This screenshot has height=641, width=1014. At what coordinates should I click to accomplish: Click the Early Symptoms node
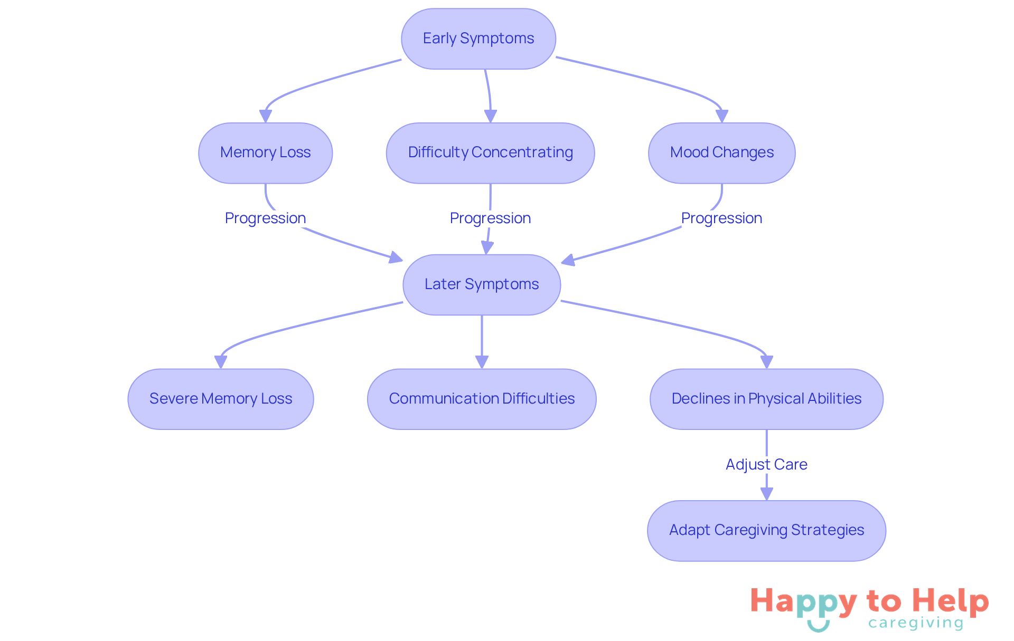coord(478,39)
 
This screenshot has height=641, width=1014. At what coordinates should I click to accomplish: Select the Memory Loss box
coord(265,153)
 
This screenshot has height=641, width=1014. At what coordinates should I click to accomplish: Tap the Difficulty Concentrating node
coord(490,153)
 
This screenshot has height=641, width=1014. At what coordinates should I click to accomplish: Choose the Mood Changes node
coord(721,153)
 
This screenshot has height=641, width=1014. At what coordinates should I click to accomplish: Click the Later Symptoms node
coord(482,285)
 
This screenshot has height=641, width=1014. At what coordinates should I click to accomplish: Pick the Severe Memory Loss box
coord(221,399)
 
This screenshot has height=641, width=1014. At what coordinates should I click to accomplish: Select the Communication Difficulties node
coord(482,399)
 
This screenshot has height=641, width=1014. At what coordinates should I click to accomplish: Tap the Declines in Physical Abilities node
coord(766,399)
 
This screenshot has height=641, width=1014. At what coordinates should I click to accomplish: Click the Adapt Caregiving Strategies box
coord(766,530)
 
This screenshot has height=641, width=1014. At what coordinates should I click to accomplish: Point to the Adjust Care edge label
coord(766,464)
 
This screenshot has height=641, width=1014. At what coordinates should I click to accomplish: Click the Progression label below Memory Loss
coord(265,218)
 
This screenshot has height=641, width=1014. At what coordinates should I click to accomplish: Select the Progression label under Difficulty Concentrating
coord(490,218)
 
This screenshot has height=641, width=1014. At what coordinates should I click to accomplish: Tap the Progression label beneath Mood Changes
coord(721,218)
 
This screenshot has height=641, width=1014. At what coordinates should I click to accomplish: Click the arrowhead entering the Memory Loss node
coord(265,116)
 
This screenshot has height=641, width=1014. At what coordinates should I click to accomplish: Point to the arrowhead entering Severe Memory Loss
coord(221,362)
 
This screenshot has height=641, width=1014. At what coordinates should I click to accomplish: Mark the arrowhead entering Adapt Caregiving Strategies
coord(766,494)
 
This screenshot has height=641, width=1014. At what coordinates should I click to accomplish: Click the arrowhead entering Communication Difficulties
coord(482,362)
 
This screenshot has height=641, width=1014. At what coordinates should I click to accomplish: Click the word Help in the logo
coord(951,601)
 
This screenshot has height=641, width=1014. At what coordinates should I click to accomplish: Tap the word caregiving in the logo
coord(916,623)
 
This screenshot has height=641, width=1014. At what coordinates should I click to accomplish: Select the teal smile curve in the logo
coord(818,626)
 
